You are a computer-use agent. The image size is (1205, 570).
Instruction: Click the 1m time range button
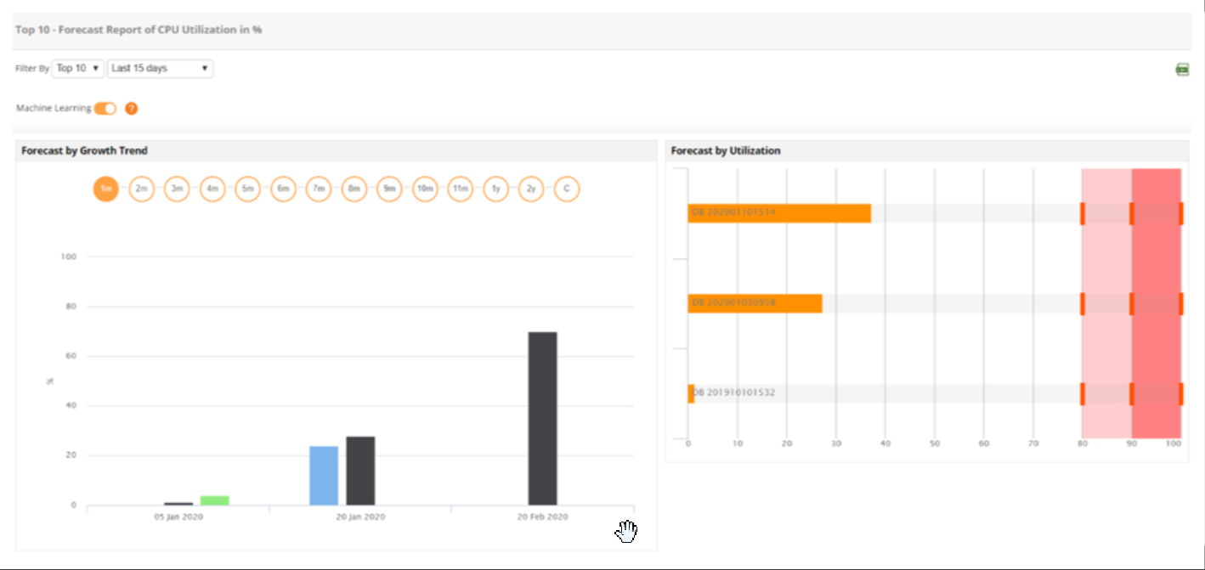[105, 189]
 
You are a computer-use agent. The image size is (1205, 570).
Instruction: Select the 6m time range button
[283, 189]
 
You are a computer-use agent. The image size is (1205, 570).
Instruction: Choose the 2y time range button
[531, 189]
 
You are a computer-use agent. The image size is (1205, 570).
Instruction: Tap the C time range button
[567, 189]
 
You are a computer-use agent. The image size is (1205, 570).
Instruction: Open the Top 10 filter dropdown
[78, 68]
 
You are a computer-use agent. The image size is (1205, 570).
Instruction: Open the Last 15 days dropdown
[161, 68]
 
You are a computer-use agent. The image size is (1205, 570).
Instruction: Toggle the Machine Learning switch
[105, 109]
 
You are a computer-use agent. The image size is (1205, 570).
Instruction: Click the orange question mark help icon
[131, 109]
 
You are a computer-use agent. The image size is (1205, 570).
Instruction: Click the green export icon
[1182, 70]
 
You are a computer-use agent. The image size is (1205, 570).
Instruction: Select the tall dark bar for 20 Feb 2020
[542, 418]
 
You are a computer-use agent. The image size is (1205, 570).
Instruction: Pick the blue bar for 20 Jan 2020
[323, 475]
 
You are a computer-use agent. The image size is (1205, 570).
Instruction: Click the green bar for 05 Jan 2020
[214, 500]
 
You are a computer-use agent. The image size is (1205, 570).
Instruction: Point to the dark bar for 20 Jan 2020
[360, 471]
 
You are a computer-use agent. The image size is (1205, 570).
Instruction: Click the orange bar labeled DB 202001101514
[779, 213]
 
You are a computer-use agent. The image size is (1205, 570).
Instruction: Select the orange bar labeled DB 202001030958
[755, 303]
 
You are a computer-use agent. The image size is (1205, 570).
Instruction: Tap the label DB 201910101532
[734, 393]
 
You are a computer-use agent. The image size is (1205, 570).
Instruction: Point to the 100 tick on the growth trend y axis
[69, 257]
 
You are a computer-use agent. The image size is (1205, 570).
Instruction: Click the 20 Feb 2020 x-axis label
[542, 516]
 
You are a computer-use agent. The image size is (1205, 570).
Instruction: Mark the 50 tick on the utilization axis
[934, 443]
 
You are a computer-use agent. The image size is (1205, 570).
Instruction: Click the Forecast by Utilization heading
[726, 151]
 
